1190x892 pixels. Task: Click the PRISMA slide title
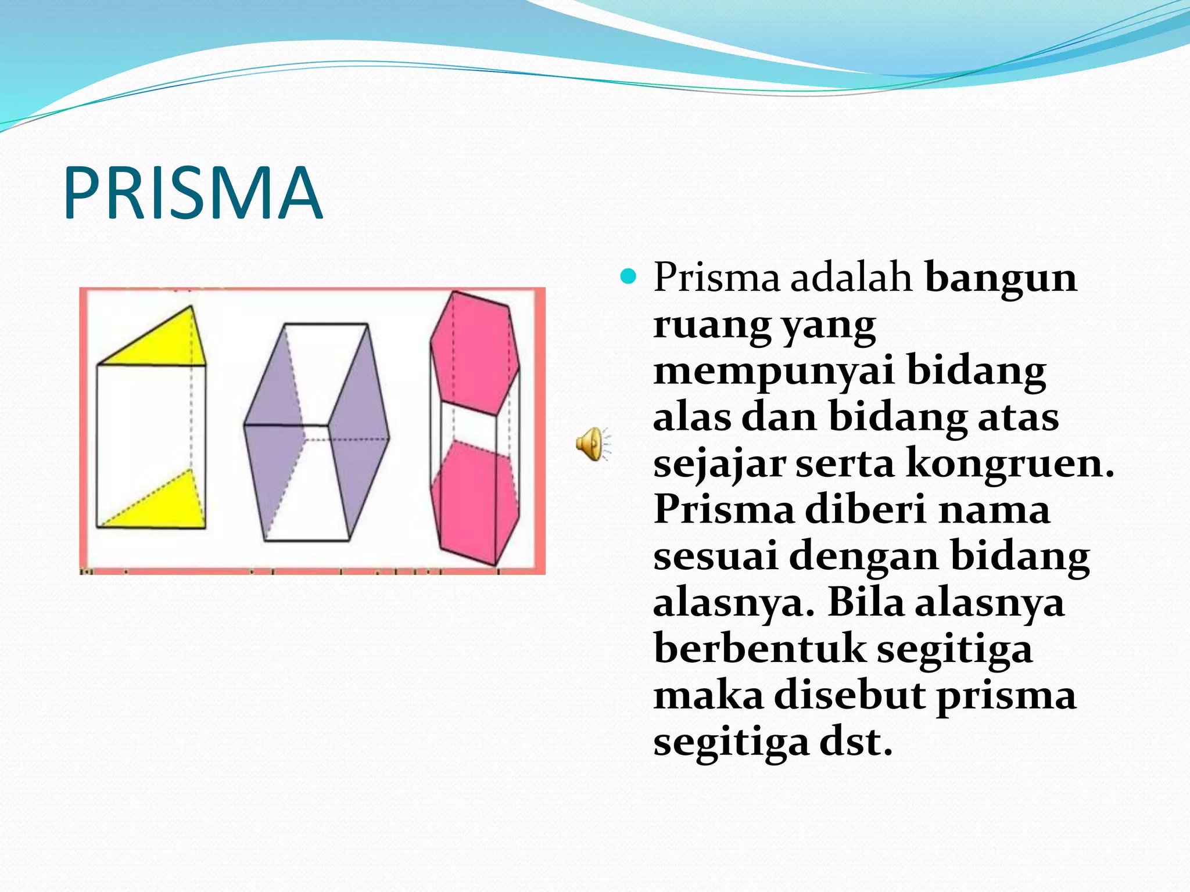click(x=192, y=193)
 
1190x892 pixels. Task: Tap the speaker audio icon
click(x=591, y=444)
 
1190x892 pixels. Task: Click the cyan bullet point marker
click(x=628, y=276)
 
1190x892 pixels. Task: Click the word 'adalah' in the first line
click(x=851, y=278)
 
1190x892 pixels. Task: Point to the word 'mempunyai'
click(x=773, y=372)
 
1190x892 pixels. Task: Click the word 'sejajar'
click(x=719, y=464)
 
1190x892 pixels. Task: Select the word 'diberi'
click(x=865, y=509)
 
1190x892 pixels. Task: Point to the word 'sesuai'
click(x=715, y=556)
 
